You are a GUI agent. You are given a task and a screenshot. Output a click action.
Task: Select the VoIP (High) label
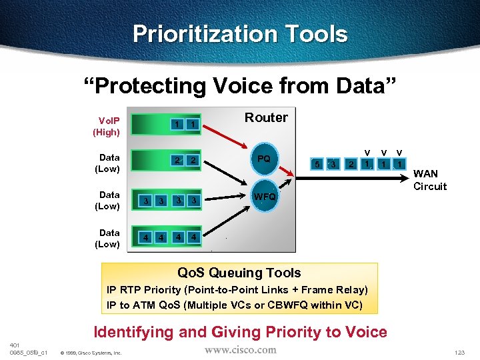pos(106,127)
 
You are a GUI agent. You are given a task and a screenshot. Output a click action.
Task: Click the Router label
pos(266,118)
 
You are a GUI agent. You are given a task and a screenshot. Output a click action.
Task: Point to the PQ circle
pos(264,159)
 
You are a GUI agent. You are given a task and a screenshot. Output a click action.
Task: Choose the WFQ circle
pos(264,197)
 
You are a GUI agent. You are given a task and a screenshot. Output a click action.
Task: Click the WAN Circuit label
pos(430,180)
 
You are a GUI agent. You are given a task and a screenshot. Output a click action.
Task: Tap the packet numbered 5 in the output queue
pos(317,164)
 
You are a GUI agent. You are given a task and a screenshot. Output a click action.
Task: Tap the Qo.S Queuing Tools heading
pos(239,273)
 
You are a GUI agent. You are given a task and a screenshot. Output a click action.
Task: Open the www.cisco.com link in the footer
pos(240,349)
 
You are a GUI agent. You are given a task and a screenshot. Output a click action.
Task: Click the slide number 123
pos(459,352)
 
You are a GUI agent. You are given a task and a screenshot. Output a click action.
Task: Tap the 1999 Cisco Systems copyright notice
pos(91,353)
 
